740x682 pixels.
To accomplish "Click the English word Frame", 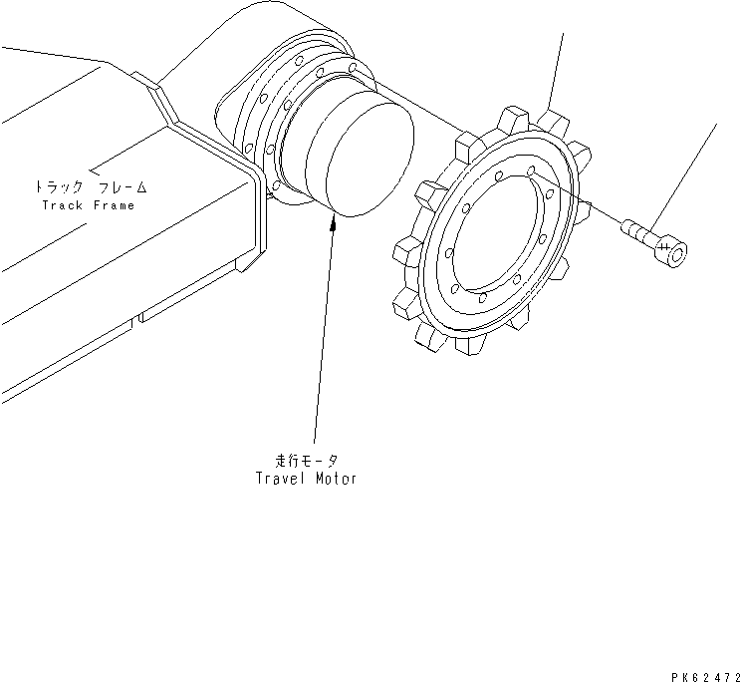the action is [113, 205].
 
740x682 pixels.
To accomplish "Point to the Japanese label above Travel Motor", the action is [306, 461].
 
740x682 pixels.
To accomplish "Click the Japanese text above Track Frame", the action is [90, 186].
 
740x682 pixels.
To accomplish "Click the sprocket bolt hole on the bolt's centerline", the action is [535, 172].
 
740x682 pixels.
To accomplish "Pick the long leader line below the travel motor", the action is [321, 339].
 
